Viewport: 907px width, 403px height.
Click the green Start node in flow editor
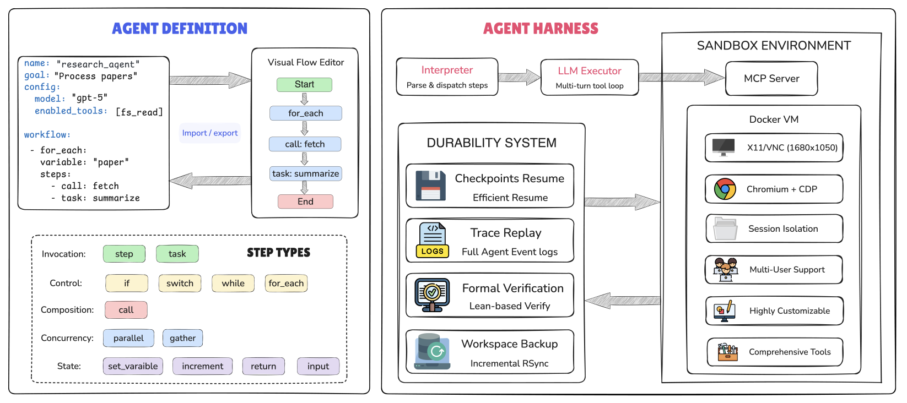coord(304,84)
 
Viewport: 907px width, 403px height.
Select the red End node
coord(305,201)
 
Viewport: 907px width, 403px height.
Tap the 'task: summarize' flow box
coord(305,173)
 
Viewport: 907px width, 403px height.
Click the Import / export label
coord(210,133)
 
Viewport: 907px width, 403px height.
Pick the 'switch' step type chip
coord(180,283)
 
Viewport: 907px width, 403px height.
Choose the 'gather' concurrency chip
coord(182,338)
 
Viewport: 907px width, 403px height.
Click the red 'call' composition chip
coord(126,310)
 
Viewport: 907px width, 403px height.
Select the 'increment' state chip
coord(202,366)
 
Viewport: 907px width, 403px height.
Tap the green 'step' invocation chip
coord(124,254)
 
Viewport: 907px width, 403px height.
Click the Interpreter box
coord(447,77)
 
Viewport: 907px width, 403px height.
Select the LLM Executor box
coord(589,77)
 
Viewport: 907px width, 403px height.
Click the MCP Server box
coord(771,79)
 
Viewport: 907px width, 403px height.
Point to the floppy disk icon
coord(430,186)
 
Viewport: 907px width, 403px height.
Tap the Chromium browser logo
coord(725,189)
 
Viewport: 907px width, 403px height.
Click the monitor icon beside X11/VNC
coord(723,148)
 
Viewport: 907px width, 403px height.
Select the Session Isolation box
coord(774,228)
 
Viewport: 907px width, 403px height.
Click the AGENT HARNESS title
coord(540,29)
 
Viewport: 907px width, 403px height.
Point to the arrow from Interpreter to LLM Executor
coord(519,77)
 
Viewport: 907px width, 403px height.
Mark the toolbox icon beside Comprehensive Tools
coord(727,352)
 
